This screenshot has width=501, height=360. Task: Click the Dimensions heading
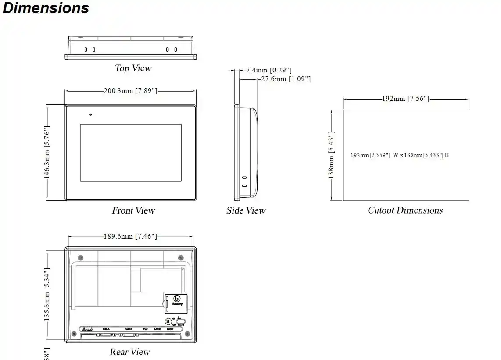click(x=46, y=8)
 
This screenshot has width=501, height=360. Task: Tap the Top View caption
click(x=133, y=68)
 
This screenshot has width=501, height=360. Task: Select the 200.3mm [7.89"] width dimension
click(x=130, y=91)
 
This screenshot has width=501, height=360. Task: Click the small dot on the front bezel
click(x=91, y=115)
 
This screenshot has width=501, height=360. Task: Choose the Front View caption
click(x=133, y=210)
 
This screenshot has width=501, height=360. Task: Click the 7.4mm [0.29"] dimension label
click(x=268, y=70)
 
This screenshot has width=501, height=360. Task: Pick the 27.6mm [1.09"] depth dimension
click(x=286, y=79)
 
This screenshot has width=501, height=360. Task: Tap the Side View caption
click(x=246, y=210)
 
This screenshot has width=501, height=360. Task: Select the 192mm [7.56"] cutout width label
click(x=405, y=99)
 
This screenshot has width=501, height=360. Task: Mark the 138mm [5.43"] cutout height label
click(x=332, y=155)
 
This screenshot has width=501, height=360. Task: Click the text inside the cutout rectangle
click(x=400, y=155)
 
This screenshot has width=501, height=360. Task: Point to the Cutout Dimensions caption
click(x=405, y=210)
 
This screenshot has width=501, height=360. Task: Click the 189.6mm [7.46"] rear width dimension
click(x=130, y=236)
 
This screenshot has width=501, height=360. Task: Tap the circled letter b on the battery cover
click(x=177, y=299)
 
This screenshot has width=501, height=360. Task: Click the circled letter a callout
click(x=168, y=321)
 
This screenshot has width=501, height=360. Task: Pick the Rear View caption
click(x=130, y=352)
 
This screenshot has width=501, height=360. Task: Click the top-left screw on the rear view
click(x=80, y=257)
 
